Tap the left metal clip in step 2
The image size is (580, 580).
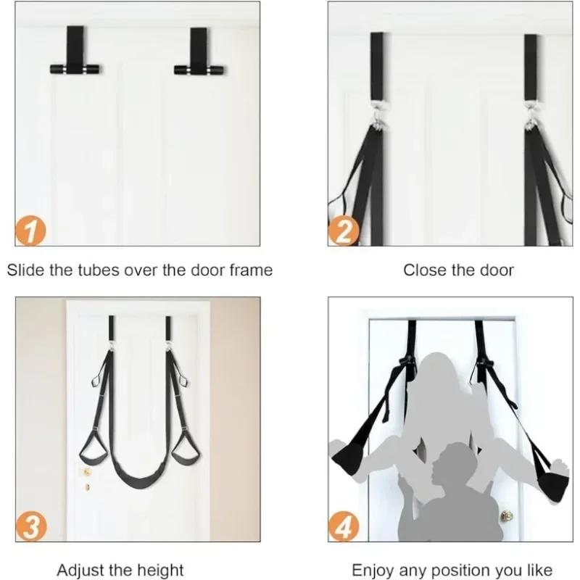(376, 119)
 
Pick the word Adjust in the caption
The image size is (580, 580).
(80, 569)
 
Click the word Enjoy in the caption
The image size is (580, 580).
(373, 569)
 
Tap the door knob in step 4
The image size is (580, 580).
(507, 516)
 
